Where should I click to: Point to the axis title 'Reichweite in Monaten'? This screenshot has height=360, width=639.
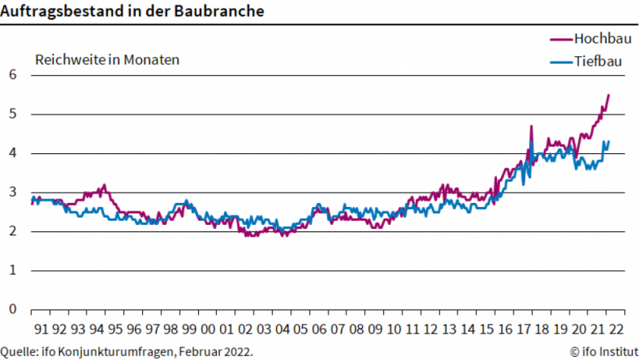pos(106,59)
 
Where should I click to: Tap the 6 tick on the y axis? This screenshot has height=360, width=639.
pos(12,75)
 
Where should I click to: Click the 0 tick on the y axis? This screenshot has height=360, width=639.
pos(12,309)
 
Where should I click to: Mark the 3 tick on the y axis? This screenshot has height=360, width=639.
pos(12,192)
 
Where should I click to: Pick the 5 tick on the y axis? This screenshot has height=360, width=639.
pos(12,114)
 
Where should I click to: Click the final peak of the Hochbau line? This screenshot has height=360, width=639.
pos(608,95)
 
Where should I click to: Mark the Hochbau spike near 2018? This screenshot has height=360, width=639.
pos(532,126)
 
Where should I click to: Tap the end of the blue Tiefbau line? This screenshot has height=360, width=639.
pos(608,141)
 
